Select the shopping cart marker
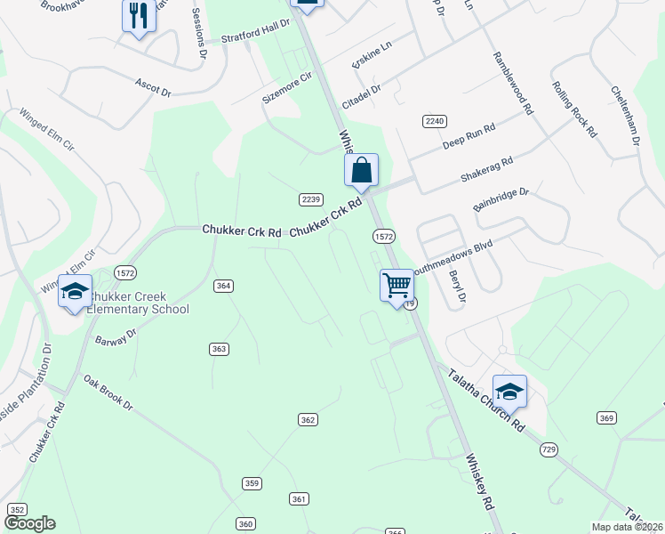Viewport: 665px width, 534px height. click(x=397, y=286)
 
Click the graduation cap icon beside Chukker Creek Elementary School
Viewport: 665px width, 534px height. click(x=76, y=291)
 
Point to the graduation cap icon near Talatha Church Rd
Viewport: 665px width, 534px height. click(x=509, y=392)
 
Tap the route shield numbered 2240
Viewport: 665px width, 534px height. click(x=434, y=120)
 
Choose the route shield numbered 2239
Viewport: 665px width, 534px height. click(x=310, y=199)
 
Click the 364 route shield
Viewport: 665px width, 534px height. click(x=223, y=286)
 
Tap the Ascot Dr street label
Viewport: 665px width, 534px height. click(x=152, y=86)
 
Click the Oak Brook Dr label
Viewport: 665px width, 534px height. click(x=108, y=392)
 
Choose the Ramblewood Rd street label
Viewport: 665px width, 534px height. click(x=512, y=84)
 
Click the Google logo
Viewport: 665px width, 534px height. click(x=30, y=523)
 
